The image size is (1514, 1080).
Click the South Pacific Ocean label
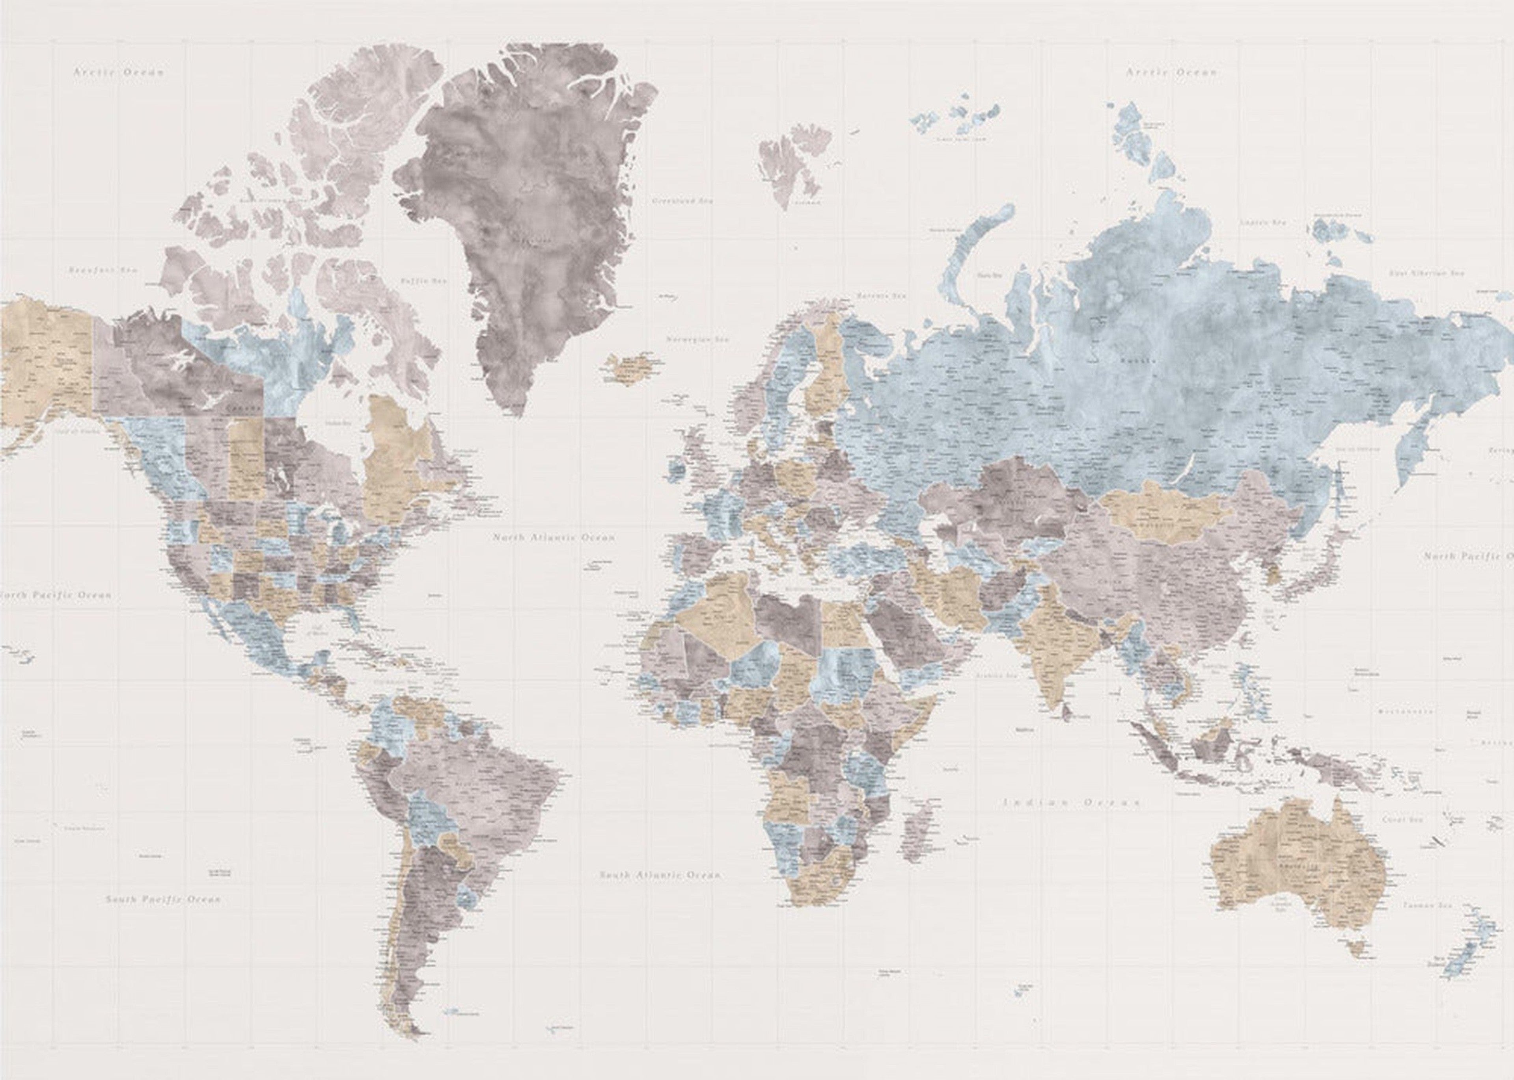[163, 899]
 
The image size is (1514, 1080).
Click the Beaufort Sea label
[102, 271]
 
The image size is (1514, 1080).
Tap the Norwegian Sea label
[697, 340]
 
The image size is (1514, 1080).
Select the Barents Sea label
[881, 295]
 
